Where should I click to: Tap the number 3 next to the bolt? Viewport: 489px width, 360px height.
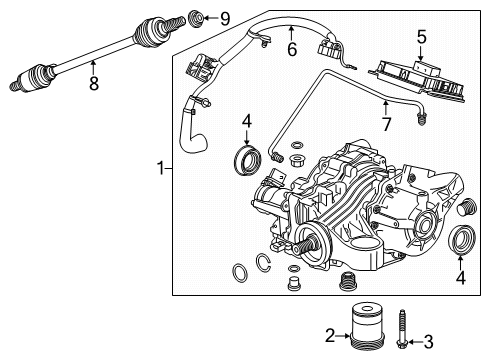tap(428, 343)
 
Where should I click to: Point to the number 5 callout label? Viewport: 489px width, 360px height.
tap(421, 37)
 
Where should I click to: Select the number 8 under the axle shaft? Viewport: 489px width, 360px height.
tap(94, 85)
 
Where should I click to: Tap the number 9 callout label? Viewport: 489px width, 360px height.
tap(226, 18)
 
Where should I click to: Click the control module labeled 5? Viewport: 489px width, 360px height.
tap(421, 70)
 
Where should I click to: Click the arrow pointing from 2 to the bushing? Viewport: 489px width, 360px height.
tap(347, 342)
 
